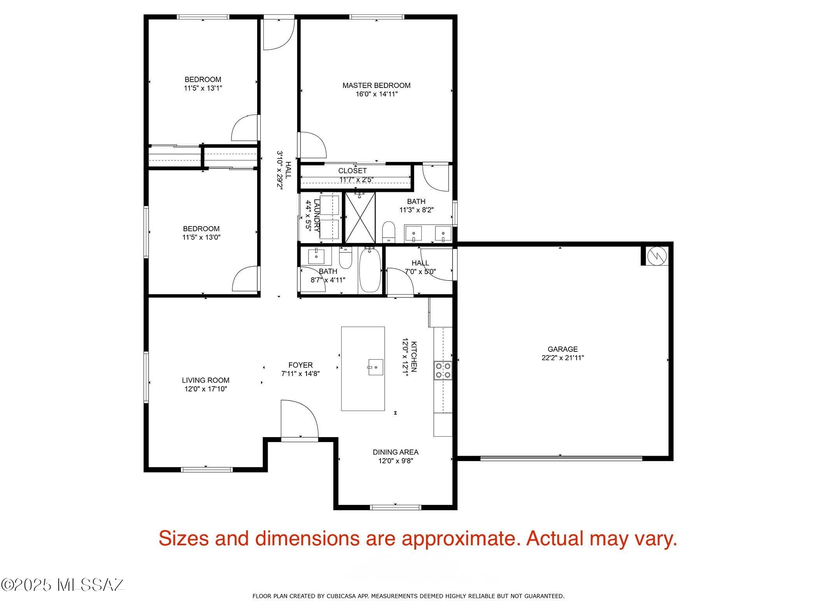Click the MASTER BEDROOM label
click(376, 85)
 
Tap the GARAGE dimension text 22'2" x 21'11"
click(563, 358)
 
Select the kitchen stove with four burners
click(443, 370)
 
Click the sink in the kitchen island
click(376, 367)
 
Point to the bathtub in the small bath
click(370, 270)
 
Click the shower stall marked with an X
click(360, 217)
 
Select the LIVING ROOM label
click(205, 380)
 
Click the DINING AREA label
click(396, 452)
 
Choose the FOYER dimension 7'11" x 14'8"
click(300, 374)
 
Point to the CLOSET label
click(352, 171)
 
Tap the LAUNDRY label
click(317, 216)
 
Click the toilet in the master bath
click(389, 232)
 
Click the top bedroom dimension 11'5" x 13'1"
click(203, 88)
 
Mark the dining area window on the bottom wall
click(396, 507)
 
